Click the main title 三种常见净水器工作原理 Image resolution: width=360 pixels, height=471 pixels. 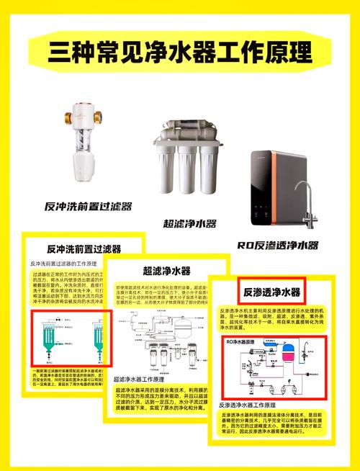[179, 52]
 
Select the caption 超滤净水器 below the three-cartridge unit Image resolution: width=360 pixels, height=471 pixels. [189, 224]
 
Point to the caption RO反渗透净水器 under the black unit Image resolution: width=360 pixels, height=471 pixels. [277, 245]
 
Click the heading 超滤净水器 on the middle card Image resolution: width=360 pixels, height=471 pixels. [166, 271]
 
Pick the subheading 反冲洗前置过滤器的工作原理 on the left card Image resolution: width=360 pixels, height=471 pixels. [66, 264]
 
